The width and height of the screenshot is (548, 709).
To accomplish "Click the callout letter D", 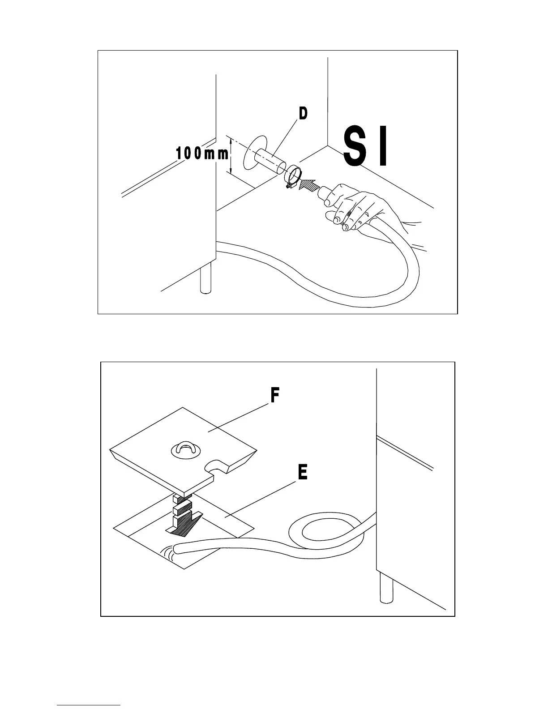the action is pyautogui.click(x=303, y=113).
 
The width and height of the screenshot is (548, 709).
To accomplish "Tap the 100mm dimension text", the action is pyautogui.click(x=202, y=154).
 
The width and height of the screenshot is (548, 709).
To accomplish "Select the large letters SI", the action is pyautogui.click(x=365, y=147).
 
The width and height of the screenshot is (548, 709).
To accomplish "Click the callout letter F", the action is pyautogui.click(x=275, y=395).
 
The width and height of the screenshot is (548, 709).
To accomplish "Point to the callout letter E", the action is pyautogui.click(x=303, y=473).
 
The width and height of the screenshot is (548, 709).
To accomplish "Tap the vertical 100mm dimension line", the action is pyautogui.click(x=231, y=156).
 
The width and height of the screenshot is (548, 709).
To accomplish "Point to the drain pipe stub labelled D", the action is pyautogui.click(x=270, y=162).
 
